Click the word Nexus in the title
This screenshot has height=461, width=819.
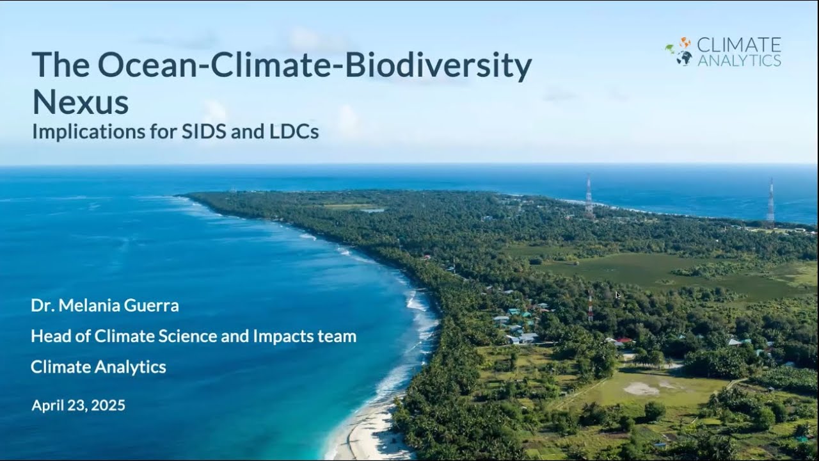click(80, 102)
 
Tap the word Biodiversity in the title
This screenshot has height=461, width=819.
click(438, 66)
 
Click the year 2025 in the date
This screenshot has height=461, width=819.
click(108, 405)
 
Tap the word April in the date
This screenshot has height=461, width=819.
click(47, 405)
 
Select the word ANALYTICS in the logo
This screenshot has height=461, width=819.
click(739, 61)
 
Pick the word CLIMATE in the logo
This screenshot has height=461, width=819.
click(739, 45)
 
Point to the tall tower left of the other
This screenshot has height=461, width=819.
click(589, 197)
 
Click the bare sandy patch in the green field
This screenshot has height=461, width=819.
click(641, 388)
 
